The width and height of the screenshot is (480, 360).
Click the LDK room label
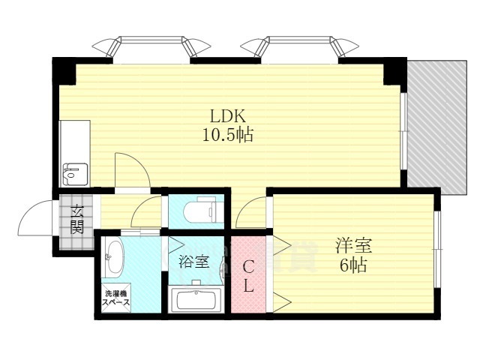[x=224, y=116]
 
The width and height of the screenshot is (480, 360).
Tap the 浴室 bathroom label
[x=192, y=263]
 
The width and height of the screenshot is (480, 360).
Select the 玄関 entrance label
[x=77, y=217]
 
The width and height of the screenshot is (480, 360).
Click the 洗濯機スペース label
[x=116, y=298]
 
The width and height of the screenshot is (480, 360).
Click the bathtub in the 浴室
[x=194, y=301]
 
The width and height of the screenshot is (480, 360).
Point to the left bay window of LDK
[x=151, y=47]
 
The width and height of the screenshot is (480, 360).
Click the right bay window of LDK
[x=301, y=47]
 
